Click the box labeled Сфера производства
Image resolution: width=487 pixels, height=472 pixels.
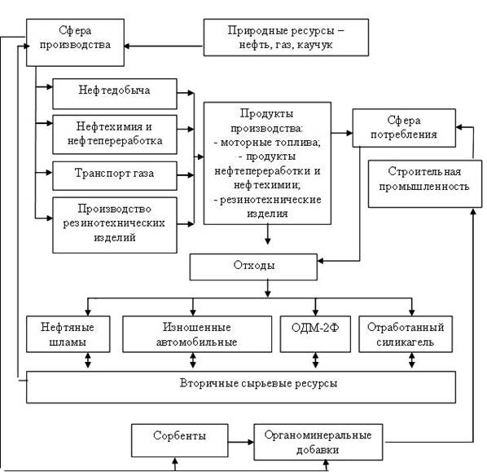pyautogui.click(x=75, y=42)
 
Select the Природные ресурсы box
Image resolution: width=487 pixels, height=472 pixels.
pyautogui.click(x=286, y=37)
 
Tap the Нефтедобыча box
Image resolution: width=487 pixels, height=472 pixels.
pyautogui.click(x=115, y=94)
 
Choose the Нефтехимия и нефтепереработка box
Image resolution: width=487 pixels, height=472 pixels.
pyautogui.click(x=115, y=135)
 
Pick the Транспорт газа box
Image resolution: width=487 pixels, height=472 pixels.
pyautogui.click(x=115, y=175)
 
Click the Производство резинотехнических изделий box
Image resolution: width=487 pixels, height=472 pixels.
pyautogui.click(x=115, y=225)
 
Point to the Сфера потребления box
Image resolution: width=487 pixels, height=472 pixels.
pyautogui.click(x=404, y=127)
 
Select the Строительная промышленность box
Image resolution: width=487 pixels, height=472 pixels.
pyautogui.click(x=424, y=183)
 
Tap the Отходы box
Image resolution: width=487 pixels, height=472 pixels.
pyautogui.click(x=253, y=267)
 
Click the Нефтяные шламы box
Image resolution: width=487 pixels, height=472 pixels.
pyautogui.click(x=68, y=334)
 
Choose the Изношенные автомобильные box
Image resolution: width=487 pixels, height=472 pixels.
pyautogui.click(x=197, y=334)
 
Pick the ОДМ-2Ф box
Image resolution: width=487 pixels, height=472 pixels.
pyautogui.click(x=315, y=334)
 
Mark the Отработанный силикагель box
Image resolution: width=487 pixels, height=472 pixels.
pyautogui.click(x=406, y=334)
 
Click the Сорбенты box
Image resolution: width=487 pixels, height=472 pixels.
pyautogui.click(x=179, y=440)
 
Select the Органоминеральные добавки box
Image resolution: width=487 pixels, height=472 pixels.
pyautogui.click(x=318, y=442)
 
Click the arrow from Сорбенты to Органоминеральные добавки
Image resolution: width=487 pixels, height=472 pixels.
pyautogui.click(x=241, y=442)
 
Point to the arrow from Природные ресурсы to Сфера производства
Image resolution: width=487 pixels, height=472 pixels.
pyautogui.click(x=164, y=46)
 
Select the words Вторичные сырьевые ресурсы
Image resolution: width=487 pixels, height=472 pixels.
pyautogui.click(x=258, y=383)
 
